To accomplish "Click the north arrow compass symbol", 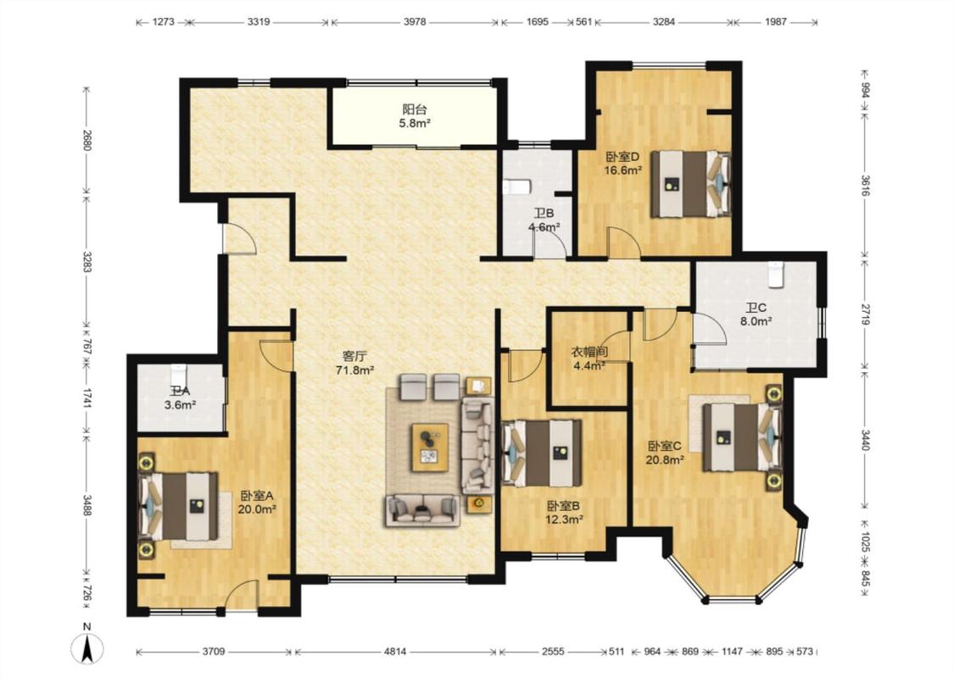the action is (x=87, y=648).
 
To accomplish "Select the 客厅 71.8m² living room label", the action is (x=354, y=363).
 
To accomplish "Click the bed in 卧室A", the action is (x=180, y=506).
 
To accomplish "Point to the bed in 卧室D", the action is (x=690, y=184).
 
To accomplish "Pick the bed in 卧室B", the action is (x=541, y=453).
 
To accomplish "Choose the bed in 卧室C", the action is (x=742, y=437).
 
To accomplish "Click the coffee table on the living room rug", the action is (x=430, y=447).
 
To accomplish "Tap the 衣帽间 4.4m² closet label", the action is (x=589, y=358).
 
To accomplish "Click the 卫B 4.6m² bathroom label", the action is (x=544, y=220).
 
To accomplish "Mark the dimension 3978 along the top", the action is (x=415, y=22).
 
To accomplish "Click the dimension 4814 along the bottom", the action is (x=395, y=651).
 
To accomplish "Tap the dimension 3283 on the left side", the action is (x=87, y=262).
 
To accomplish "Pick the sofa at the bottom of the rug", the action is (x=422, y=509).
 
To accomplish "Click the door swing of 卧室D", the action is (x=623, y=242).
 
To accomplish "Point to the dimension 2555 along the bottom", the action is (x=553, y=651).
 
